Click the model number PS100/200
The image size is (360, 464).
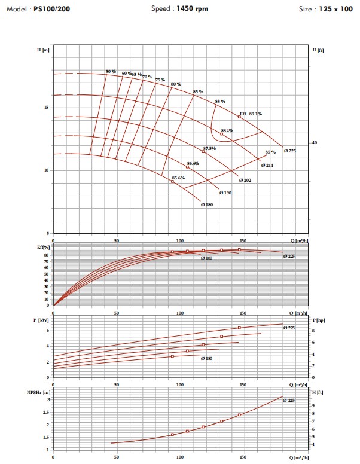[52, 9]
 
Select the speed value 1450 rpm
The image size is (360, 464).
[192, 8]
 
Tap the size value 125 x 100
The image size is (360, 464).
[335, 9]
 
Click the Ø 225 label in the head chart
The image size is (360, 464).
[290, 151]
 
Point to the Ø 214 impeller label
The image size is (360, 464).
[267, 166]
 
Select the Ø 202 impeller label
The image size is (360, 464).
[245, 180]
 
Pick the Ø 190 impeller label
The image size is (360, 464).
[225, 193]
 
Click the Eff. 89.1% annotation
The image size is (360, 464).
[251, 114]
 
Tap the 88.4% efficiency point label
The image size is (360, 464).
[227, 130]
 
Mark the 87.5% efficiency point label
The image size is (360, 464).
[209, 148]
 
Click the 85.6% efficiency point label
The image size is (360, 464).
[178, 178]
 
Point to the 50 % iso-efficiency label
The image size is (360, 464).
[111, 72]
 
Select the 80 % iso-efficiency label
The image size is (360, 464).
[176, 84]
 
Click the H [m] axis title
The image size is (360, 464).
[43, 50]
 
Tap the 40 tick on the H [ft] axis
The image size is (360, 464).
[315, 143]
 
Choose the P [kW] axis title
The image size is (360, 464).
[41, 320]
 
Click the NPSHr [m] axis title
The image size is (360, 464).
[38, 393]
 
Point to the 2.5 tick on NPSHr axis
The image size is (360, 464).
[46, 412]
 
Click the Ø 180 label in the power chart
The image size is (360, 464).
[207, 358]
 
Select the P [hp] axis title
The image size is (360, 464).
[319, 320]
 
